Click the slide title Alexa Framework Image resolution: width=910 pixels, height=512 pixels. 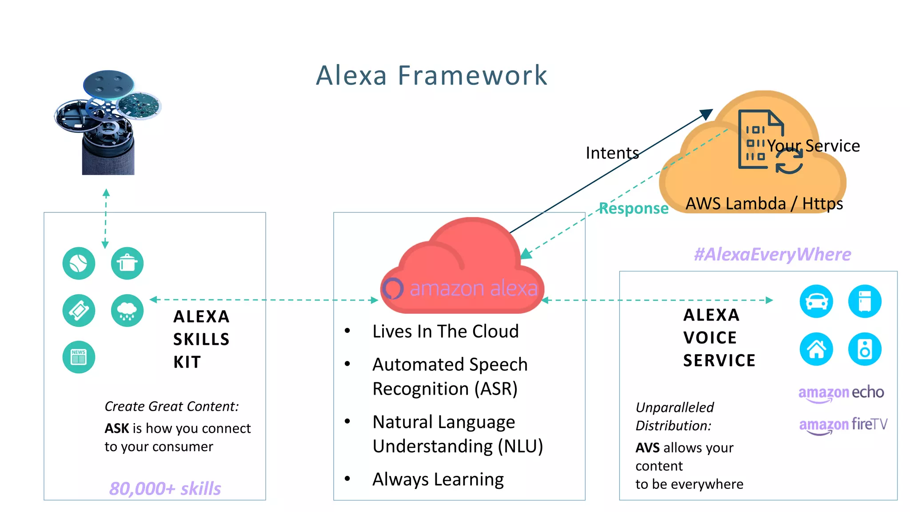tap(431, 75)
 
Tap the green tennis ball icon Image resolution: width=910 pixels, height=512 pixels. tap(79, 263)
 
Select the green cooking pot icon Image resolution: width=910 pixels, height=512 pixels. tap(127, 263)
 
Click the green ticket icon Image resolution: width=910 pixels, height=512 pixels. tap(79, 310)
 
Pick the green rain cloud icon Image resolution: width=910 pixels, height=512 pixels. tap(127, 310)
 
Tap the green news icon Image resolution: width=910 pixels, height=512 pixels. tap(79, 357)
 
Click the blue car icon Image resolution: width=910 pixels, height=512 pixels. tap(816, 301)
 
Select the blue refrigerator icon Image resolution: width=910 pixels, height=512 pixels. tap(864, 301)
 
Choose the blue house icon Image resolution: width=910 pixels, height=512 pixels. tap(816, 349)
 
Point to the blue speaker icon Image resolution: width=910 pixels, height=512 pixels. tap(864, 349)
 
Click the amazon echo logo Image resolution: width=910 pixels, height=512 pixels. tap(841, 393)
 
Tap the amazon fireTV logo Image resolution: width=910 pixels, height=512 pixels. tap(843, 425)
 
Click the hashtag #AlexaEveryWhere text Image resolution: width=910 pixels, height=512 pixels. tap(772, 254)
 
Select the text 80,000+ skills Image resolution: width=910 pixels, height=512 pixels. tap(165, 488)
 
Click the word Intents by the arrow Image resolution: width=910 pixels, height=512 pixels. tap(612, 153)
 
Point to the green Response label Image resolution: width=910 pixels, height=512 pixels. tap(633, 208)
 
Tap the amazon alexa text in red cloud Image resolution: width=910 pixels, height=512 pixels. tap(473, 288)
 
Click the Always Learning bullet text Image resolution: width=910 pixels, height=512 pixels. tap(438, 479)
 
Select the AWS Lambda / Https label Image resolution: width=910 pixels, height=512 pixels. tap(764, 204)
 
